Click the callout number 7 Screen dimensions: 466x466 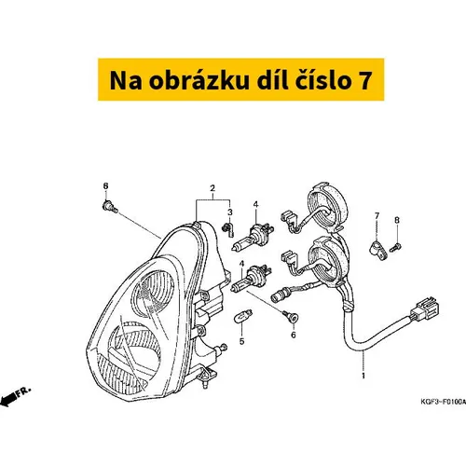pos(377,215)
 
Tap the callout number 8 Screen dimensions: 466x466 pos(397,220)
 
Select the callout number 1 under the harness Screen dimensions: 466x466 pos(363,376)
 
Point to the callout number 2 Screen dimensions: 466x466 pos(212,188)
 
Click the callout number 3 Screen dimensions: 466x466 pos(230,212)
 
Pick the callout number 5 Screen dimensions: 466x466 pos(241,341)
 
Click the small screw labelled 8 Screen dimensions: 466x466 pos(395,248)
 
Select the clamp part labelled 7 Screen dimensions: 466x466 pos(378,251)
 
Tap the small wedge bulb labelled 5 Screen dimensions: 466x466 pos(242,316)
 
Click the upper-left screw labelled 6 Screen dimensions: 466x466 pos(110,207)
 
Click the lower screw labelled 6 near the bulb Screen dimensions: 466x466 pos(291,316)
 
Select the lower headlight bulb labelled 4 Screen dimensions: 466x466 pos(251,278)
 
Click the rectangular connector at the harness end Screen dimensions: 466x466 pos(424,308)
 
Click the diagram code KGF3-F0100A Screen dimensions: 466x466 pos(443,402)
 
